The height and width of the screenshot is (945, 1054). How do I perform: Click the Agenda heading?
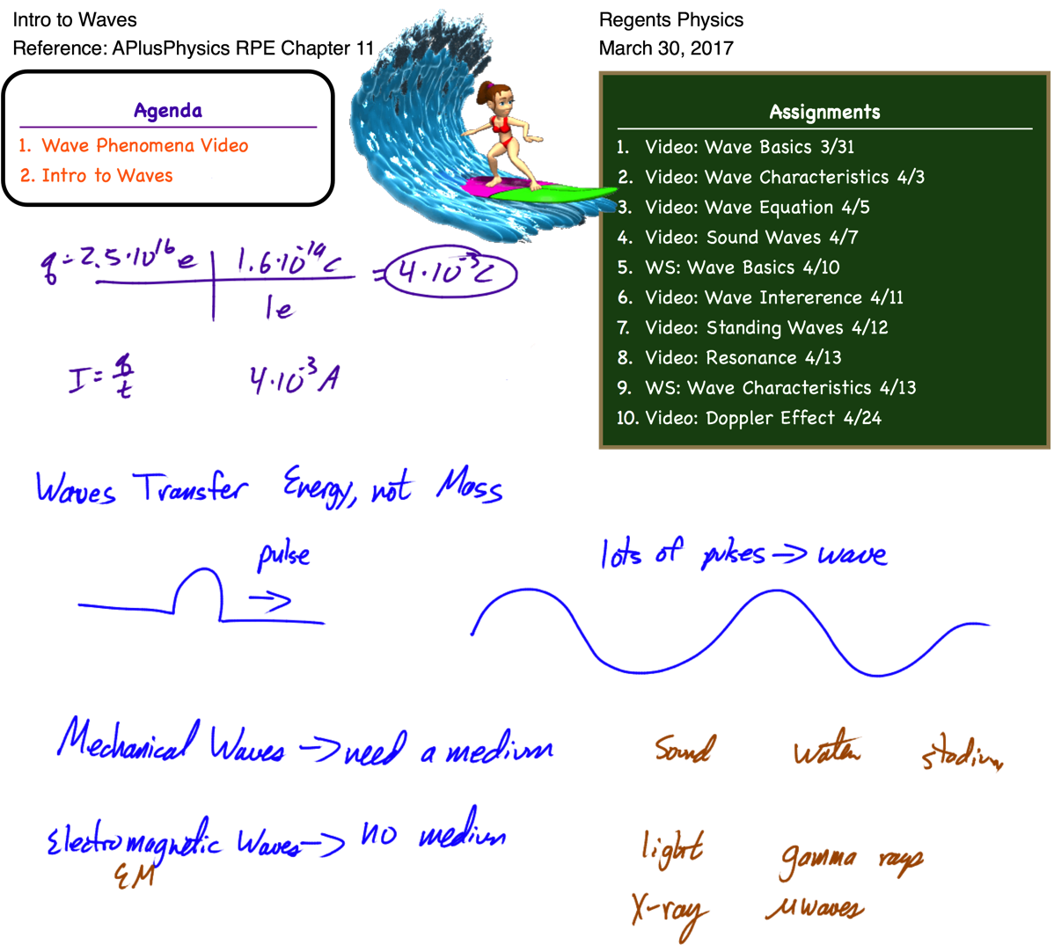(168, 111)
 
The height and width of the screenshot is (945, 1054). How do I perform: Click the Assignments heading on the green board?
(824, 113)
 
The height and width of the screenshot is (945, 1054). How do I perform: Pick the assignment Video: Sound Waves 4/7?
(750, 238)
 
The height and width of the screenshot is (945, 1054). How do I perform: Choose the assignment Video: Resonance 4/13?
(743, 358)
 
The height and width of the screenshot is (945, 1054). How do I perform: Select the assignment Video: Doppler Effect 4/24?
(762, 418)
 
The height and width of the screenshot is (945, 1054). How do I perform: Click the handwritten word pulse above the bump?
(283, 555)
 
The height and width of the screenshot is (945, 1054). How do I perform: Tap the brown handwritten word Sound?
(684, 749)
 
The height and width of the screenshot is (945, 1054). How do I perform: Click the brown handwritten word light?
(672, 848)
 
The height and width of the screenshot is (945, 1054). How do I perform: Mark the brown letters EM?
(135, 876)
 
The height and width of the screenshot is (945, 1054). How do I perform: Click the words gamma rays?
(850, 860)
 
